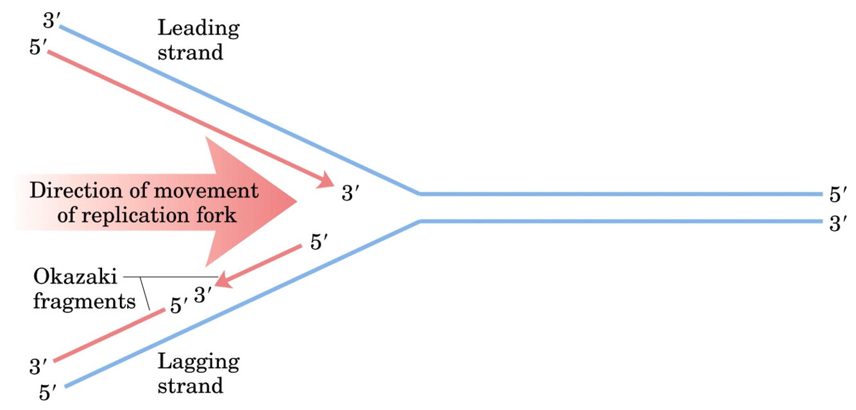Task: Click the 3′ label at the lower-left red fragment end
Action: coord(39,367)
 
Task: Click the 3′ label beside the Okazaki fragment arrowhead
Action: coord(202,296)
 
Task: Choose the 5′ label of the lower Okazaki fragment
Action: coord(178,306)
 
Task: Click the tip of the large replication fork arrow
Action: coord(296,201)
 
